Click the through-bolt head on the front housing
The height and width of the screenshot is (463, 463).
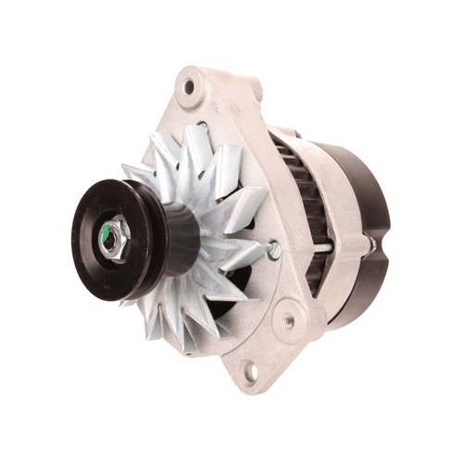274,247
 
